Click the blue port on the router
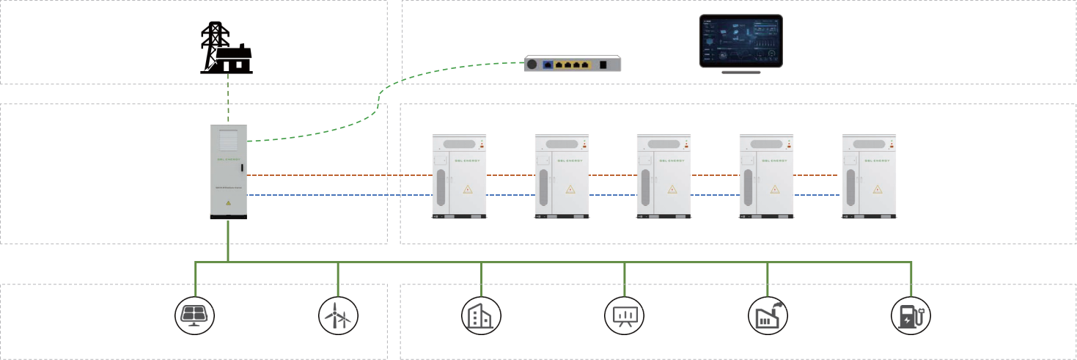(x=548, y=65)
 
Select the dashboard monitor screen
(x=740, y=41)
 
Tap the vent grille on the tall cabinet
(x=229, y=139)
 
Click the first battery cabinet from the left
(x=460, y=176)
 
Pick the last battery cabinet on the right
(x=870, y=176)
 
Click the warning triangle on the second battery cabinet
(x=570, y=189)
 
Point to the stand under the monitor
(x=740, y=71)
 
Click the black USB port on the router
(x=603, y=65)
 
